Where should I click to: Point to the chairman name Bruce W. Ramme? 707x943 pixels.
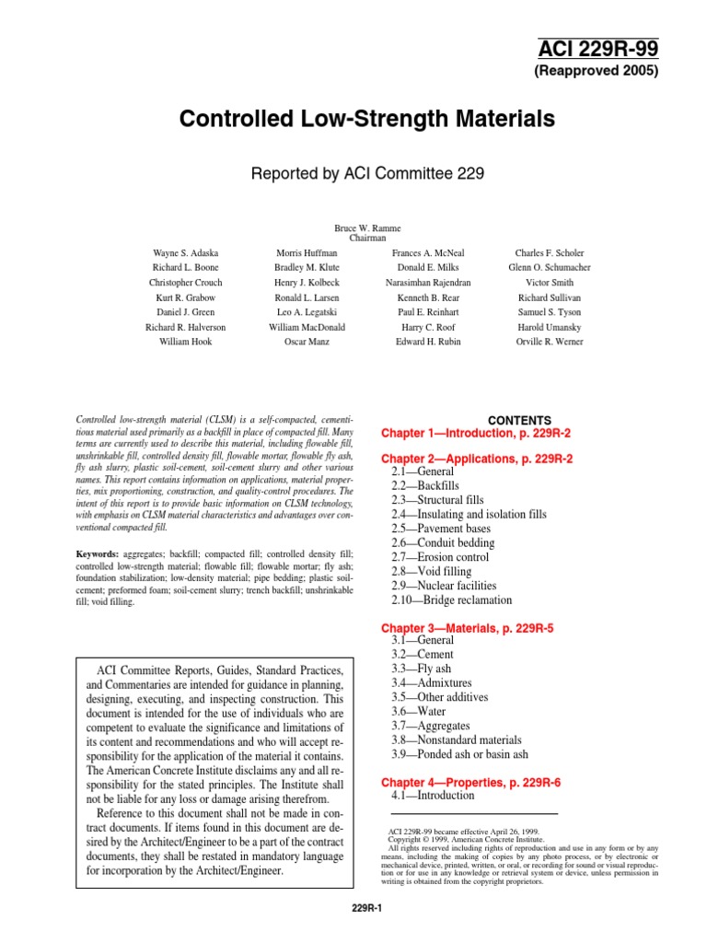pyautogui.click(x=367, y=227)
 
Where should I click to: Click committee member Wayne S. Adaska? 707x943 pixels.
pyautogui.click(x=185, y=252)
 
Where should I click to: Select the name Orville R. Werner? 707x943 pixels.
pyautogui.click(x=550, y=342)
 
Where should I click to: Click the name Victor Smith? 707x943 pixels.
pyautogui.click(x=550, y=283)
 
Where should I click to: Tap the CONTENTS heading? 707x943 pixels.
pyautogui.click(x=519, y=420)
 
